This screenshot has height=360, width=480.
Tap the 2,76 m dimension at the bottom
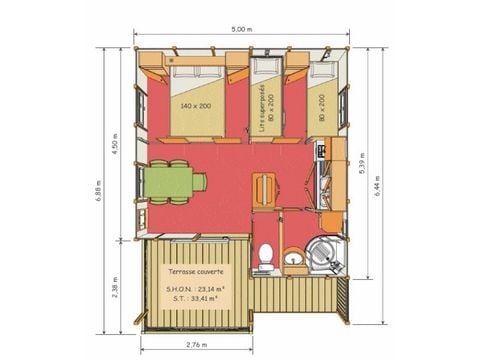coord(198,345)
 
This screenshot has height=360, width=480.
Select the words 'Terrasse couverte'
coord(196,272)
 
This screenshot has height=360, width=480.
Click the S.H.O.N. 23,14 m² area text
coord(196,290)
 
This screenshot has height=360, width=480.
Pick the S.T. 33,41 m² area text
coord(196,299)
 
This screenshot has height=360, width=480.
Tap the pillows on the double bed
coord(196,73)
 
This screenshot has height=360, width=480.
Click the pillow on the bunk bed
coord(264,73)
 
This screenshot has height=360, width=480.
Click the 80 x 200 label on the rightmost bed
coord(322,105)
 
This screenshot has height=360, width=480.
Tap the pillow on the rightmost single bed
coord(320,73)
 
